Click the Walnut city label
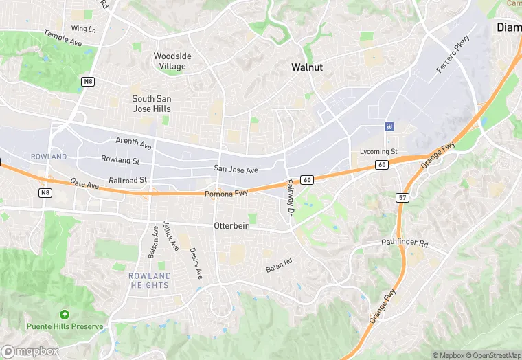coord(307,67)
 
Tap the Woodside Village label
coord(172,61)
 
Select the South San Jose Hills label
coord(152,104)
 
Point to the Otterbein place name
coord(231,225)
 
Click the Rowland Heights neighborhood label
coord(149,280)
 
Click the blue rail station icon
coord(389,126)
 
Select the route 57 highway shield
coord(403,198)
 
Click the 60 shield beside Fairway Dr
coord(307,180)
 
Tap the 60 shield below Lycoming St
coord(382,165)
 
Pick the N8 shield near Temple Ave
coord(87,82)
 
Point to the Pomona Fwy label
coord(226,194)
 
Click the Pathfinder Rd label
coord(405,244)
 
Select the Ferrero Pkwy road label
coord(453,55)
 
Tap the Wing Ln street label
coord(83,29)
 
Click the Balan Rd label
coord(280,265)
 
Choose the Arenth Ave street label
coord(134,144)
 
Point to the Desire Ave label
coord(196,263)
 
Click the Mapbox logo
coord(30,352)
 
